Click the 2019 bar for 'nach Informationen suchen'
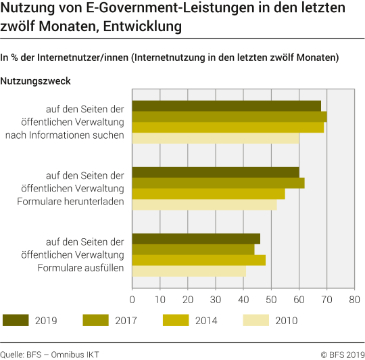click(x=226, y=106)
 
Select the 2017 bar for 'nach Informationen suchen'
click(x=229, y=116)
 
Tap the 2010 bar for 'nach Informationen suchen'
click(x=216, y=138)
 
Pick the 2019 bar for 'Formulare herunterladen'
click(x=216, y=172)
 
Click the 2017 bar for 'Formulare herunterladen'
click(x=218, y=183)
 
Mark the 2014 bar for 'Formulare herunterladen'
click(x=208, y=194)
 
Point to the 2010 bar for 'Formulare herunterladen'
click(x=204, y=204)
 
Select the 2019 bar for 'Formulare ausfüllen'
click(x=196, y=238)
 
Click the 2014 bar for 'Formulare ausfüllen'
click(x=199, y=260)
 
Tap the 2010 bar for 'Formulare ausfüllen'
click(x=189, y=271)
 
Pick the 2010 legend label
click(x=286, y=321)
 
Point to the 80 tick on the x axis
click(x=354, y=298)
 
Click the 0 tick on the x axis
click(x=132, y=298)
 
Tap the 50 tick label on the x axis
click(x=271, y=298)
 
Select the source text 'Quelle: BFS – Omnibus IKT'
click(x=49, y=353)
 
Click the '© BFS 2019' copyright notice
click(x=337, y=353)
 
